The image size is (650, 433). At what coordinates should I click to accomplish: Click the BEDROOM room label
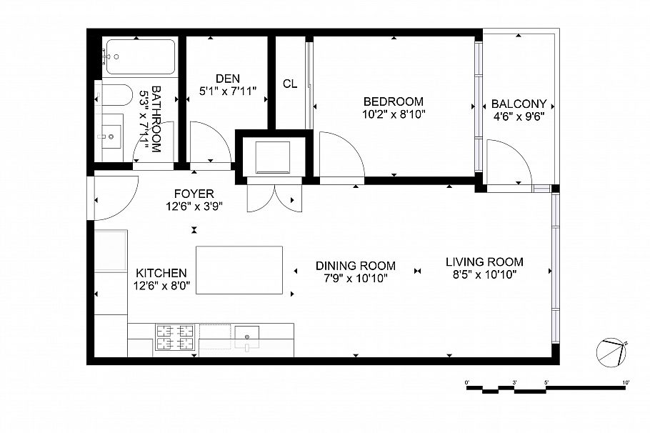click(393, 101)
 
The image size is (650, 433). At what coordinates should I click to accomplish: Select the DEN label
click(227, 79)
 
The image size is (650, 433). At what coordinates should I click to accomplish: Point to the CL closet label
click(289, 84)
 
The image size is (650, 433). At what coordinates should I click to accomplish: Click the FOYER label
click(194, 194)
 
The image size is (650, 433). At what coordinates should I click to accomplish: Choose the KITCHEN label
click(161, 273)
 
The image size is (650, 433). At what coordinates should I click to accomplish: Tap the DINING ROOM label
click(356, 266)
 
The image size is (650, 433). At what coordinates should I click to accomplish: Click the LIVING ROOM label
click(484, 262)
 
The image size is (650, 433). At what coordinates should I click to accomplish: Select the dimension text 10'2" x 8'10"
click(393, 114)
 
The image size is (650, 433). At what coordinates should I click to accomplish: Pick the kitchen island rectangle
click(239, 269)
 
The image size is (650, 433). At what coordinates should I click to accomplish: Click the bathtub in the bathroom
click(139, 56)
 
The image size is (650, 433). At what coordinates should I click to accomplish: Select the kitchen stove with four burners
click(176, 337)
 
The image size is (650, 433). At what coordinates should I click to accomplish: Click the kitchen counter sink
click(247, 335)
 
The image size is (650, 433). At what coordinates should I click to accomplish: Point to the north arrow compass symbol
click(610, 351)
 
